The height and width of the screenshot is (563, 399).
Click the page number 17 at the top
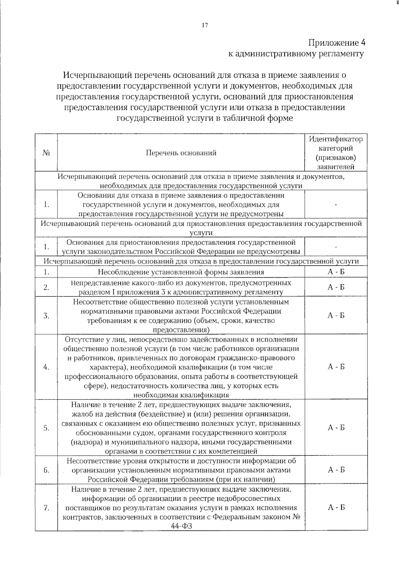point(205,25)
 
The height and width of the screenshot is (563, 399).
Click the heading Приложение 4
point(336,43)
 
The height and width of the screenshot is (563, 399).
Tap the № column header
point(46,153)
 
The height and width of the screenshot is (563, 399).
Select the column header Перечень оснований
point(181,153)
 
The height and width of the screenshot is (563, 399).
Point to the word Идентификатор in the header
point(336,139)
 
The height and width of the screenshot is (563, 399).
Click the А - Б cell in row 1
point(336,272)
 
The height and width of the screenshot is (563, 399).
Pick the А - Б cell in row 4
point(336,367)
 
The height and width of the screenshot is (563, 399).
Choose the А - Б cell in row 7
point(336,507)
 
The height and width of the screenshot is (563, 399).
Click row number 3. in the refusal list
point(46,316)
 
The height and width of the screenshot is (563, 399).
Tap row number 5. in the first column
point(46,428)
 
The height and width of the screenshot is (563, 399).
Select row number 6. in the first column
point(46,470)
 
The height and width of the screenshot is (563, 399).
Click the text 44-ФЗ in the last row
point(181,526)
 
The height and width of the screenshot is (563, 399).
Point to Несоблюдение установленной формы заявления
point(181,272)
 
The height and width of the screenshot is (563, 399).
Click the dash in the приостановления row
point(336,247)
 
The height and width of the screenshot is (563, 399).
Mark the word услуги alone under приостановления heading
point(201,233)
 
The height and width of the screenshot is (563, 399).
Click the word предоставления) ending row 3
point(181,330)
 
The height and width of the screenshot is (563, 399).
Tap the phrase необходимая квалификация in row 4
point(181,395)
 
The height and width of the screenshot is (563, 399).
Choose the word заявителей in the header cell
point(336,167)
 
